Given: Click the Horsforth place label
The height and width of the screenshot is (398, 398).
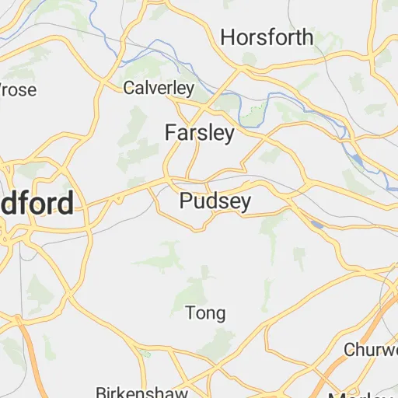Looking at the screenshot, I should pyautogui.click(x=267, y=37).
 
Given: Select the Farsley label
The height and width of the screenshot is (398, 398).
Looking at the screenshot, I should pyautogui.click(x=199, y=134).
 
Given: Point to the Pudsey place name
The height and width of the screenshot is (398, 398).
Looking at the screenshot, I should pyautogui.click(x=215, y=202).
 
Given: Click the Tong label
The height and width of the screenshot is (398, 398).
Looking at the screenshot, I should pyautogui.click(x=205, y=313).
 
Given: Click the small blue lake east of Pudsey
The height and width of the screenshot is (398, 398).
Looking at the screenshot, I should pyautogui.click(x=317, y=225).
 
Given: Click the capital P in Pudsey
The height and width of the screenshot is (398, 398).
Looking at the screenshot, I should pyautogui.click(x=186, y=202).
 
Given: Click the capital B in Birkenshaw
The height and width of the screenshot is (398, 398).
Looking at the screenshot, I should pyautogui.click(x=100, y=391).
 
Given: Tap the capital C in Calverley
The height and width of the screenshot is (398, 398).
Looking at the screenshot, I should pyautogui.click(x=129, y=88).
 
